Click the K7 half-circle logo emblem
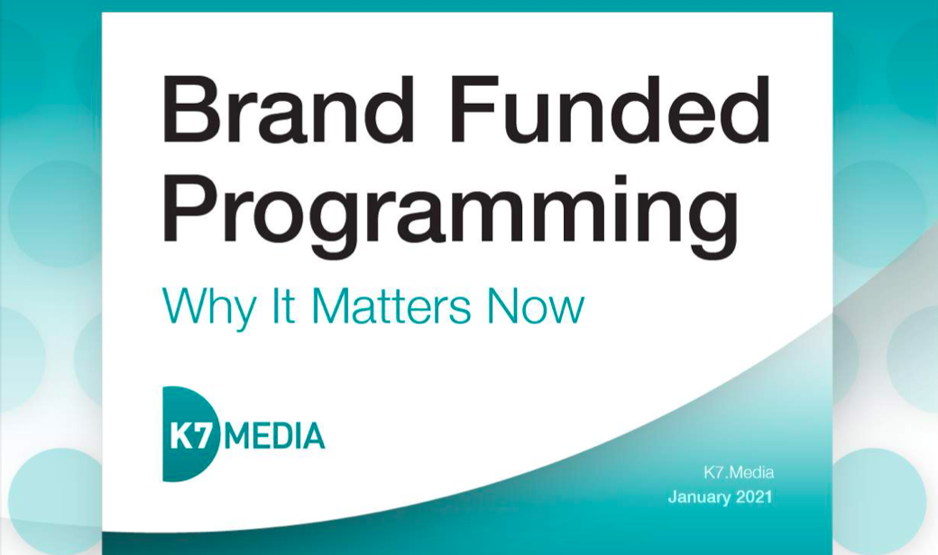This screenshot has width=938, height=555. point(190,434)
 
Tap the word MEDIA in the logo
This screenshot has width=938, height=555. point(276,435)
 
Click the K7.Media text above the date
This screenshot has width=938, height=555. point(738,472)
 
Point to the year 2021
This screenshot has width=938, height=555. point(754,497)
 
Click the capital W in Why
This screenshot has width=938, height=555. point(184,305)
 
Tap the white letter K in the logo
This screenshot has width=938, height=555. point(181,435)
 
